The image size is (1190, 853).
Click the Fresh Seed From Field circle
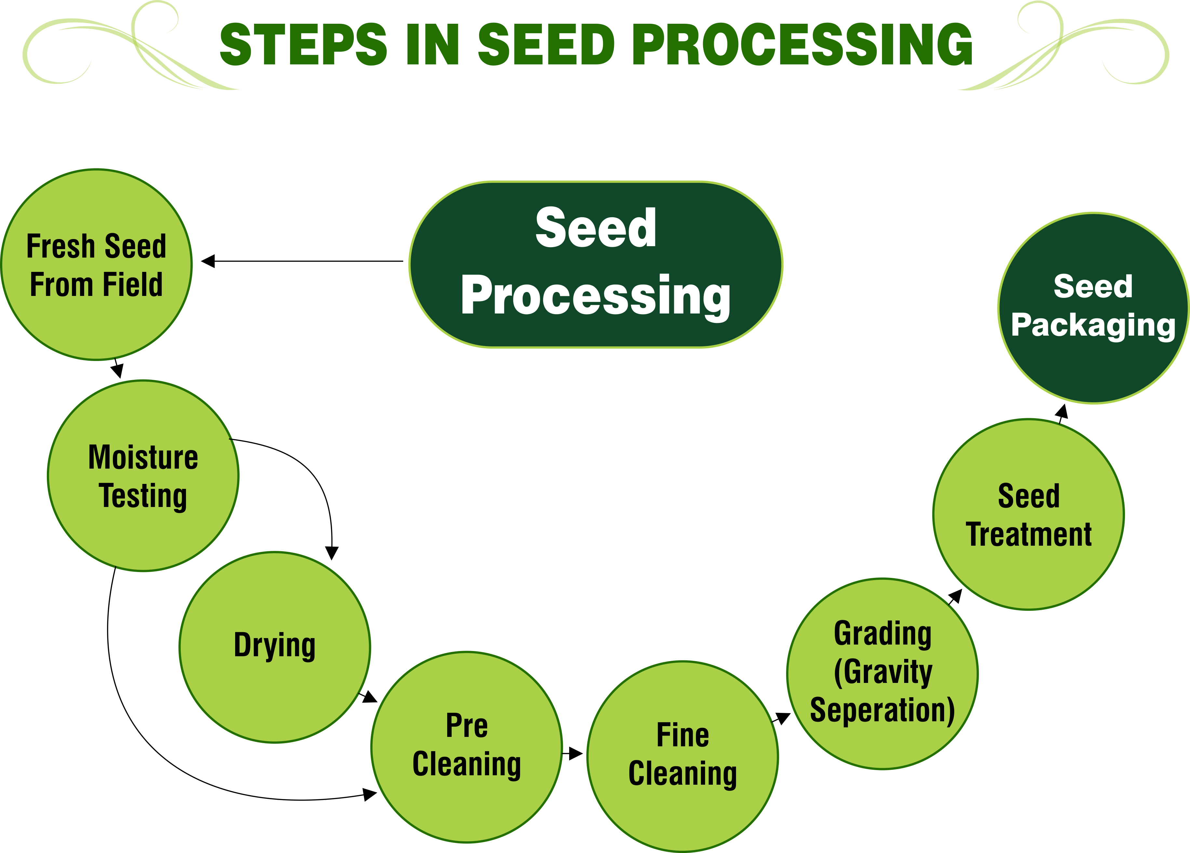click(x=97, y=264)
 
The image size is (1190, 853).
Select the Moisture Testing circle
click(x=143, y=476)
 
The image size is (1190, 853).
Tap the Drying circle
click(x=275, y=647)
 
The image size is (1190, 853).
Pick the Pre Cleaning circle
click(x=466, y=747)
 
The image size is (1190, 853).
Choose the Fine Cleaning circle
click(x=683, y=756)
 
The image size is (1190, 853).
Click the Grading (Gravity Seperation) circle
click(x=883, y=673)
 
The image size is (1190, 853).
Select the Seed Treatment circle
click(x=1028, y=514)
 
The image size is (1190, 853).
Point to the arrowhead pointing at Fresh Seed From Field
click(x=208, y=261)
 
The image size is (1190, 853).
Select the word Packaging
click(x=1093, y=325)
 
